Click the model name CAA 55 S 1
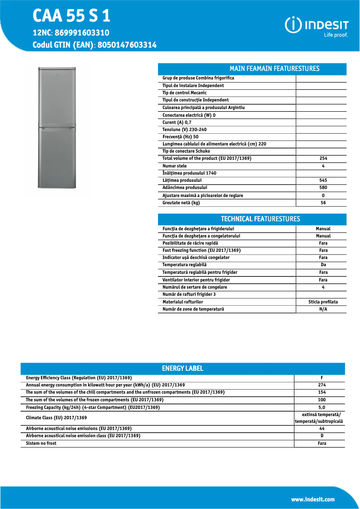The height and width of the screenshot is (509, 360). pyautogui.click(x=71, y=16)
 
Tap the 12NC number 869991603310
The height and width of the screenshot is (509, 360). pyautogui.click(x=85, y=33)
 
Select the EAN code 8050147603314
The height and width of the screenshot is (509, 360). pyautogui.click(x=127, y=45)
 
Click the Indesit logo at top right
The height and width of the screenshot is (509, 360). pyautogui.click(x=317, y=26)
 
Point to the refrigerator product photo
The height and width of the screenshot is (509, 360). pyautogui.click(x=58, y=130)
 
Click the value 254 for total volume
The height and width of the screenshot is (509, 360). pyautogui.click(x=323, y=158)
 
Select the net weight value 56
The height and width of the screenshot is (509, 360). pyautogui.click(x=323, y=202)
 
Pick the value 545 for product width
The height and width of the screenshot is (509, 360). pyautogui.click(x=323, y=180)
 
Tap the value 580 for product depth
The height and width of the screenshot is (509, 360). pyautogui.click(x=323, y=188)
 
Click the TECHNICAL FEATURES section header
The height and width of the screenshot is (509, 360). pyautogui.click(x=260, y=219)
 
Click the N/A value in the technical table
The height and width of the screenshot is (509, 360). pyautogui.click(x=323, y=309)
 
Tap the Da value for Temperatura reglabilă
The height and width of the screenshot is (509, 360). pyautogui.click(x=323, y=265)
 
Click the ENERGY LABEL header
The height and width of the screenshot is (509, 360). pyautogui.click(x=182, y=369)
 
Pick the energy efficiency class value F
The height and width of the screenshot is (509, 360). pyautogui.click(x=322, y=378)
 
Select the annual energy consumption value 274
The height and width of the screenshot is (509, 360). pyautogui.click(x=322, y=385)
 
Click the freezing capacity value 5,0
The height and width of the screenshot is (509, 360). pyautogui.click(x=322, y=407)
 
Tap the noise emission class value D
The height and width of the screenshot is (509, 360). pyautogui.click(x=322, y=436)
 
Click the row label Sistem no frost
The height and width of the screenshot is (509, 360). pyautogui.click(x=41, y=443)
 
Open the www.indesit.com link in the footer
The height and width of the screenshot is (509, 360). pyautogui.click(x=312, y=499)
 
